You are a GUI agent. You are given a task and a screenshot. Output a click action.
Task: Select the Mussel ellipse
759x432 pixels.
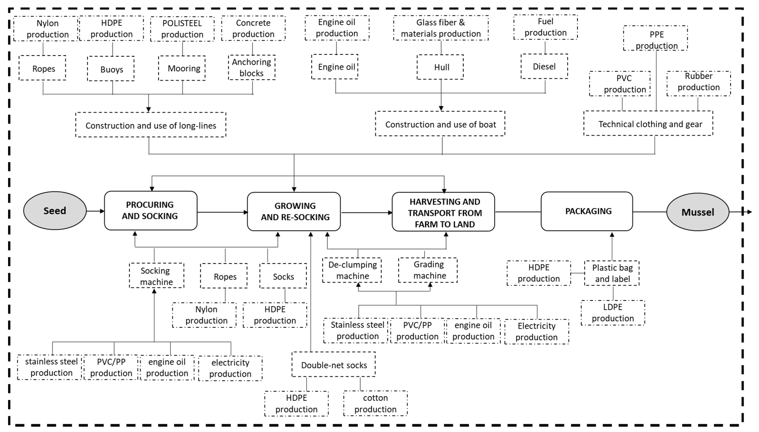698,212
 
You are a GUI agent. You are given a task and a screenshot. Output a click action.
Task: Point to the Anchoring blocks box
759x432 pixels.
252,68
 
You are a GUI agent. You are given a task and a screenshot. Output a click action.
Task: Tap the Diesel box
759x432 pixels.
544,66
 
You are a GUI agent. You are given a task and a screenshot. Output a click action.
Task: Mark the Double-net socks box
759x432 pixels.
333,365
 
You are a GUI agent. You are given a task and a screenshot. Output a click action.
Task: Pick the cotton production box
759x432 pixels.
375,403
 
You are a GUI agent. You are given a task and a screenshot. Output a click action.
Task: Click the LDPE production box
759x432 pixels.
613,313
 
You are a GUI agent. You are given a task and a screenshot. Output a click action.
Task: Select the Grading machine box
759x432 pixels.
428,270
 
